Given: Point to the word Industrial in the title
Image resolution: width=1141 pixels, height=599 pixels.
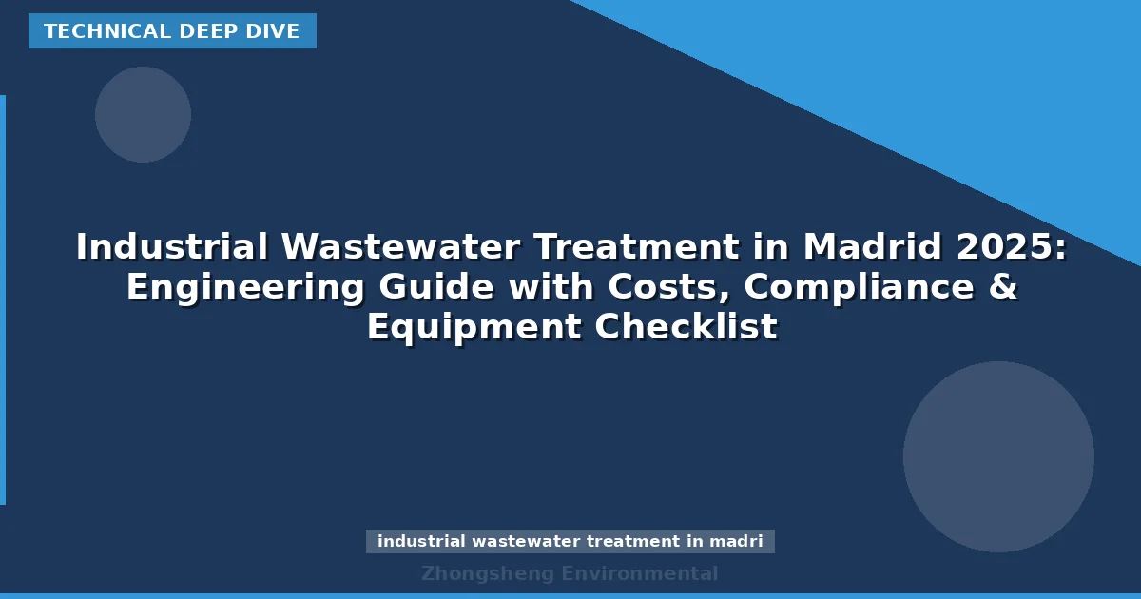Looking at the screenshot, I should pos(172,247).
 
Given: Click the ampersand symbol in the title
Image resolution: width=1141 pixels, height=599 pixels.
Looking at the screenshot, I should pos(1001,287).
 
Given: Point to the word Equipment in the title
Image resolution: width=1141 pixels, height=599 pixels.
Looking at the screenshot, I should pos(474,327).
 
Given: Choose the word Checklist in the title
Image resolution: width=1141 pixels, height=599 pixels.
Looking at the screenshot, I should pos(687,327).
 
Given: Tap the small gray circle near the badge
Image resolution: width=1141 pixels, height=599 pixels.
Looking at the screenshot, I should pos(143,114).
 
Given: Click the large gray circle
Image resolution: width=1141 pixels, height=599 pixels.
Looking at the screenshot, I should pos(998,456).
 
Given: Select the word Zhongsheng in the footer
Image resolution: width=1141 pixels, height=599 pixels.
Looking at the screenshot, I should pos(487,573).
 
